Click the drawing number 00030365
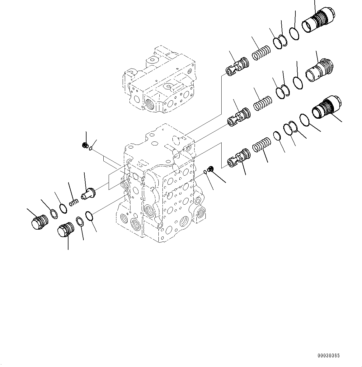[329, 355]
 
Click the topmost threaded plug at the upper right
[318, 21]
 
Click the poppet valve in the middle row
[239, 117]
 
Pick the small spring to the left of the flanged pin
[73, 203]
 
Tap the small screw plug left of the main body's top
[84, 145]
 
